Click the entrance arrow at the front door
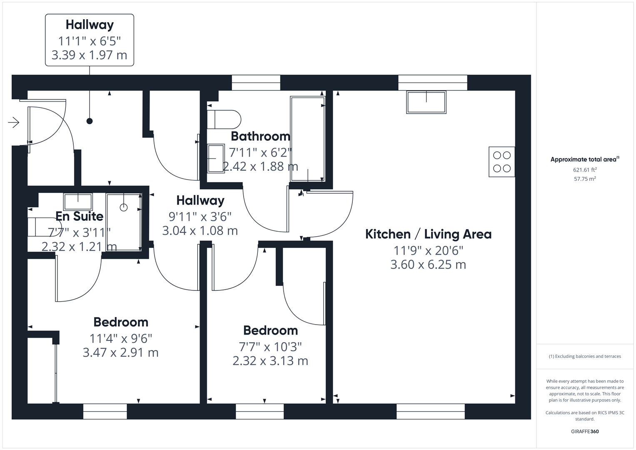[14, 122]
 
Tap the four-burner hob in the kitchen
[502, 162]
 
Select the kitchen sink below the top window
[426, 102]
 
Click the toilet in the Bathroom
[224, 120]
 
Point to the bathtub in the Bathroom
[307, 139]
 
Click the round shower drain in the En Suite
[124, 207]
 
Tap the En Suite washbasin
[78, 202]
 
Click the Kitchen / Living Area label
[428, 234]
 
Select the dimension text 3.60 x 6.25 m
[428, 265]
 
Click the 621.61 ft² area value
[585, 170]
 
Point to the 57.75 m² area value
[585, 179]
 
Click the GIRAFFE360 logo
[585, 431]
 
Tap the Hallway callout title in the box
[90, 25]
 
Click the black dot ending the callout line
[90, 121]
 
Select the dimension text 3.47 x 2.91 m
[120, 352]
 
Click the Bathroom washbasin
[216, 158]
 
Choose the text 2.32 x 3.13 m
[270, 361]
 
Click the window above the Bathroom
[256, 82]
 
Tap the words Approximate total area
[584, 159]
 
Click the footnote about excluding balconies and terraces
[585, 356]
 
